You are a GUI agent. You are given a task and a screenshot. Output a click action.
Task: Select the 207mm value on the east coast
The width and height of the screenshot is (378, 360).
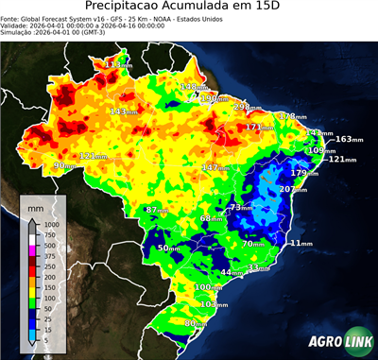[x=294, y=189]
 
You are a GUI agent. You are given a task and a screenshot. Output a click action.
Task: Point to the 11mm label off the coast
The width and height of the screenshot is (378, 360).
[x=301, y=243]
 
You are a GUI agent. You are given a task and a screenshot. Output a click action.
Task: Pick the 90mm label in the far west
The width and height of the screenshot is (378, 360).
[x=64, y=165]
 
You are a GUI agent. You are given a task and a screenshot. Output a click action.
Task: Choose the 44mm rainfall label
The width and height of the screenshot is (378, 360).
[x=232, y=272]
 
